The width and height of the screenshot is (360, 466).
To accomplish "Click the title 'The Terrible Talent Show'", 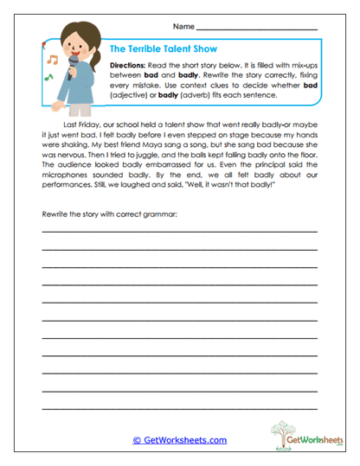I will click(x=164, y=50).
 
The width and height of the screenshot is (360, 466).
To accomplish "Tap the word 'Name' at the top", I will click(x=183, y=27).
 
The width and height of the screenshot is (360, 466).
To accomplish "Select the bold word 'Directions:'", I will click(x=127, y=66).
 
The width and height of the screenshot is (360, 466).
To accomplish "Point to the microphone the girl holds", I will click(x=74, y=67).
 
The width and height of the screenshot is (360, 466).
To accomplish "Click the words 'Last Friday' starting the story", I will click(x=73, y=124).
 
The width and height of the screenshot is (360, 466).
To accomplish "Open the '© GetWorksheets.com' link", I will click(x=179, y=439).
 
